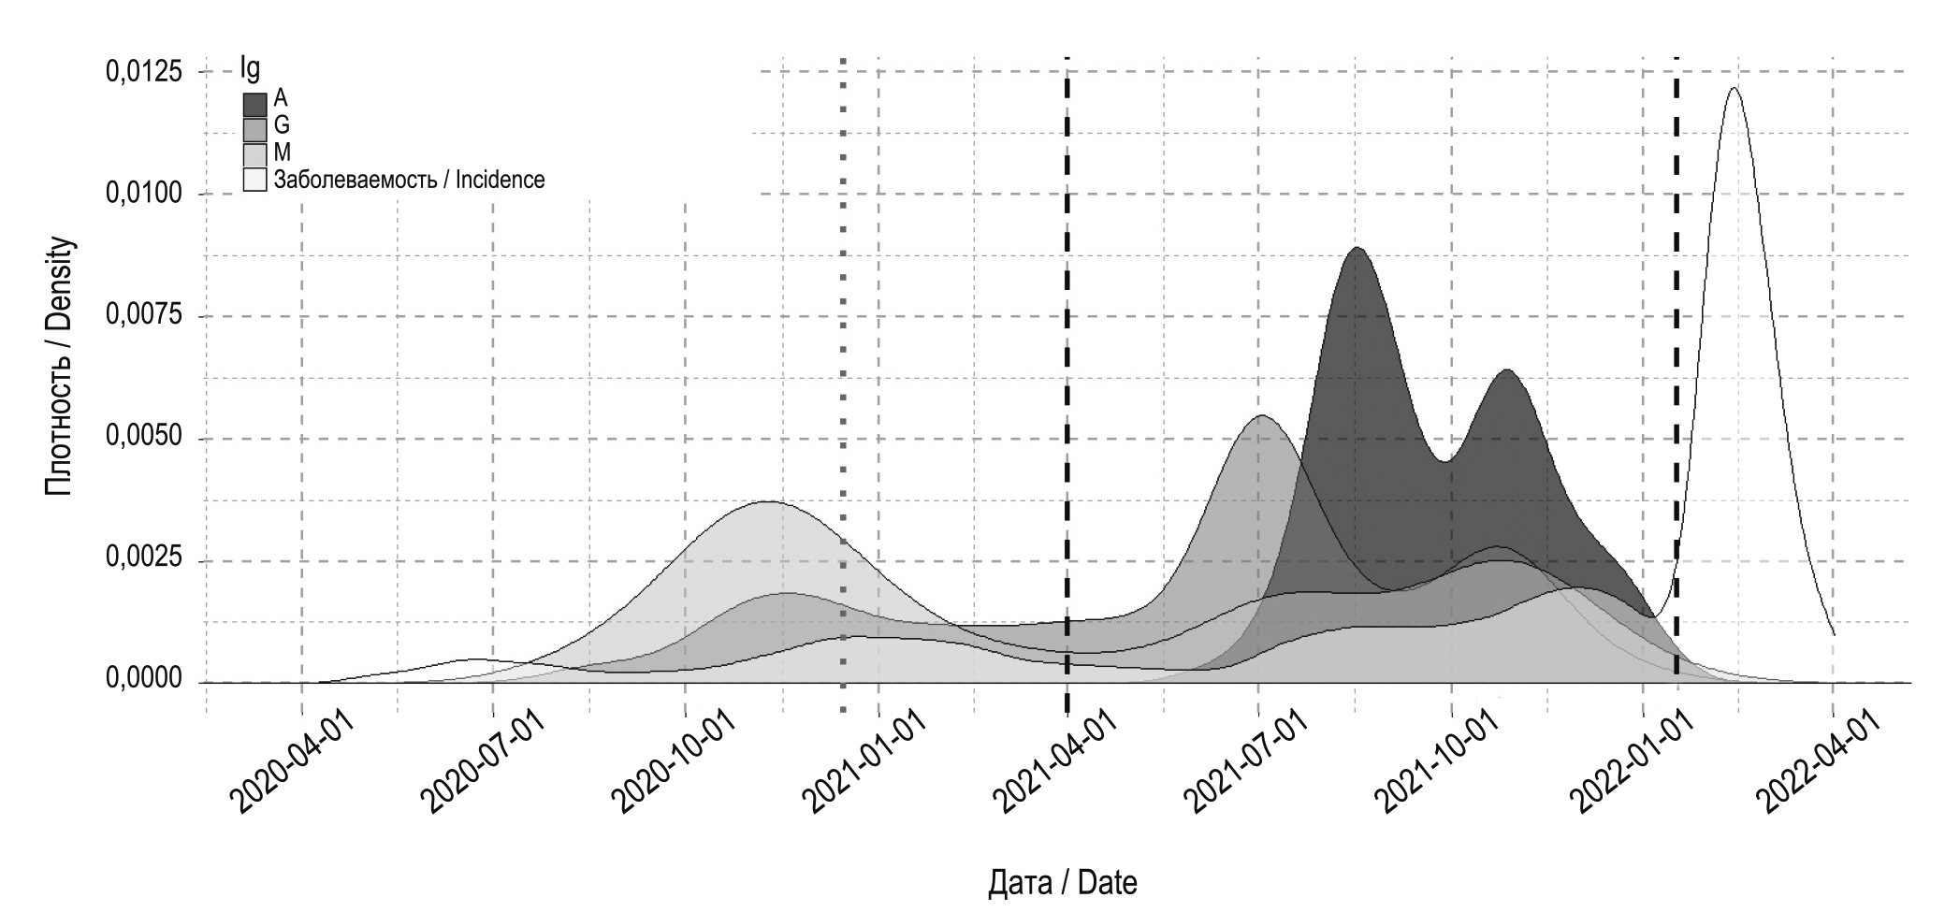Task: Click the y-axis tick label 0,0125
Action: (x=143, y=72)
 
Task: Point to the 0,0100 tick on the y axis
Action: (x=143, y=195)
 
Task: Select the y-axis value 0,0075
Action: (x=143, y=316)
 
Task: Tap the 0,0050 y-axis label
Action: (x=143, y=439)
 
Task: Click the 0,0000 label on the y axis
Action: (x=143, y=681)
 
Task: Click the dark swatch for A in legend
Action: (x=254, y=103)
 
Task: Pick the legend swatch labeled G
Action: (x=254, y=128)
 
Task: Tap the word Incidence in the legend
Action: (x=500, y=180)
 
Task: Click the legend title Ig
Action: (x=250, y=69)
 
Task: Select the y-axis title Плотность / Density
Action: (x=60, y=367)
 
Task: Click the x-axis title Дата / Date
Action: (x=1062, y=883)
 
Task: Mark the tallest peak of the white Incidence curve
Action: (x=1734, y=89)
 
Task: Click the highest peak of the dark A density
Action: (x=1357, y=250)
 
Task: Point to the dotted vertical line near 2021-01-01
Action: (x=843, y=374)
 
